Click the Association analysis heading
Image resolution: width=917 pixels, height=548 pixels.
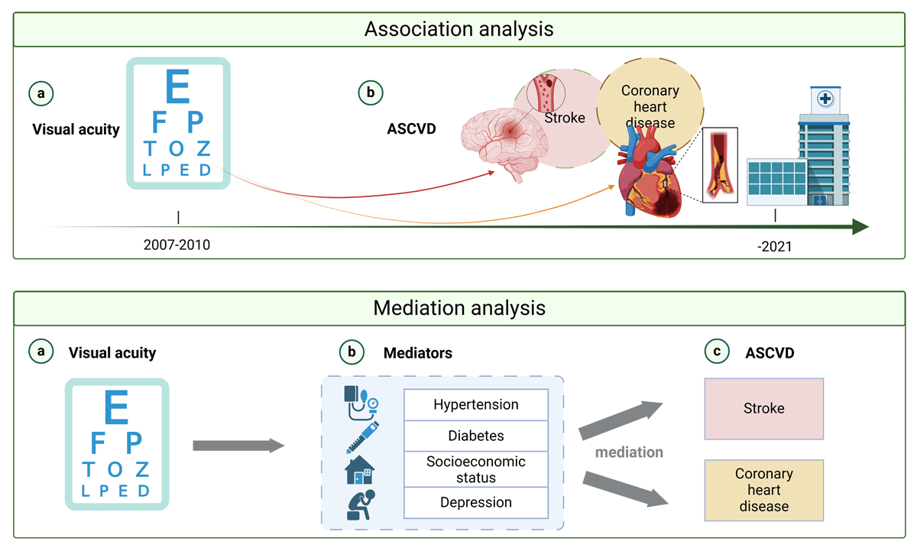pyautogui.click(x=458, y=30)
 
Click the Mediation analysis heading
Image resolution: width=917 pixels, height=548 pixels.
pyautogui.click(x=458, y=308)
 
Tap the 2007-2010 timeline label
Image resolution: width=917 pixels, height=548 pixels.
pyautogui.click(x=177, y=245)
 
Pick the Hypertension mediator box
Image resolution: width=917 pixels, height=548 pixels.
pyautogui.click(x=475, y=404)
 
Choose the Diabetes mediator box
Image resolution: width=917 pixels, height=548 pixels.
pyautogui.click(x=475, y=436)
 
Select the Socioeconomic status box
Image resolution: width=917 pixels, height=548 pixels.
pyautogui.click(x=475, y=469)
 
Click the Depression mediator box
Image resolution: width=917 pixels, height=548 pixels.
pyautogui.click(x=475, y=502)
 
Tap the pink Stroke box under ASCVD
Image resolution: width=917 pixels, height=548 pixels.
pyautogui.click(x=763, y=408)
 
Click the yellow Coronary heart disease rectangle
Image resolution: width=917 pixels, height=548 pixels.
pyautogui.click(x=763, y=490)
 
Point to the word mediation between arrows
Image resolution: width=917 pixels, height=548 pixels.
pyautogui.click(x=629, y=452)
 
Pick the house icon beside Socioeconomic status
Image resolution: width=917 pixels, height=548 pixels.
pyautogui.click(x=360, y=469)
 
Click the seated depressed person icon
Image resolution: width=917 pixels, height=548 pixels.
pyautogui.click(x=360, y=505)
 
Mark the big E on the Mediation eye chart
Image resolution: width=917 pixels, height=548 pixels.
pyautogui.click(x=116, y=407)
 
